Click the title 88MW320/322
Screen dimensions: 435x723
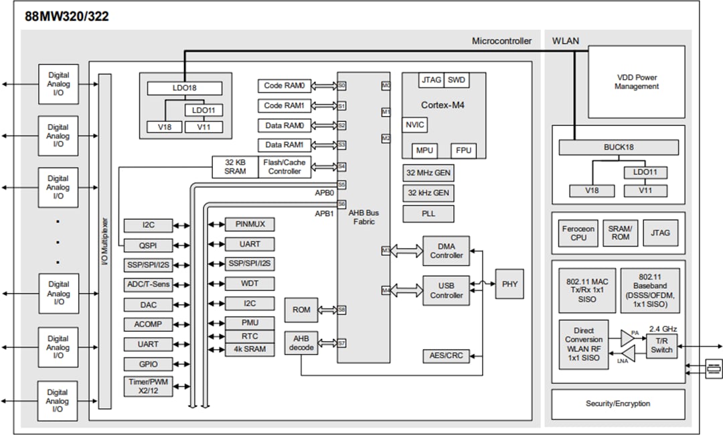point(66,17)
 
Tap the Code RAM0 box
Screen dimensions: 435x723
point(285,86)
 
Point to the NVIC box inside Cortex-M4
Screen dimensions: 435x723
point(415,125)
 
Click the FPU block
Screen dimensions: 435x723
point(463,150)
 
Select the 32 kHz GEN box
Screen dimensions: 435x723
point(428,193)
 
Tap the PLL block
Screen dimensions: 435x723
point(428,214)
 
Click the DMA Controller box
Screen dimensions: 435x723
point(446,251)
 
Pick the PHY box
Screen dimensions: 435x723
point(509,284)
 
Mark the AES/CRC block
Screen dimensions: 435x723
point(445,355)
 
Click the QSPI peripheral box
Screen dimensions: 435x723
point(149,245)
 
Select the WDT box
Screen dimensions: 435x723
point(249,284)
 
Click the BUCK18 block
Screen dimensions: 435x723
point(618,147)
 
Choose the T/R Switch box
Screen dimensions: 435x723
point(661,346)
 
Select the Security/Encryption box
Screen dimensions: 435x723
point(618,403)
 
